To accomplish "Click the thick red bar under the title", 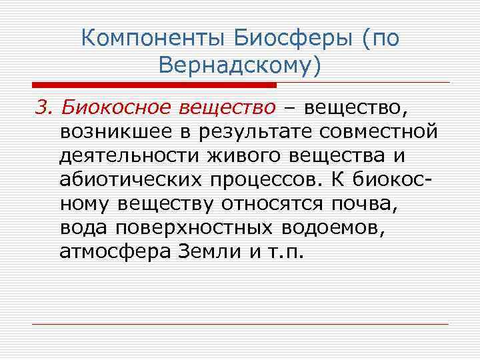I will [154, 85].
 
